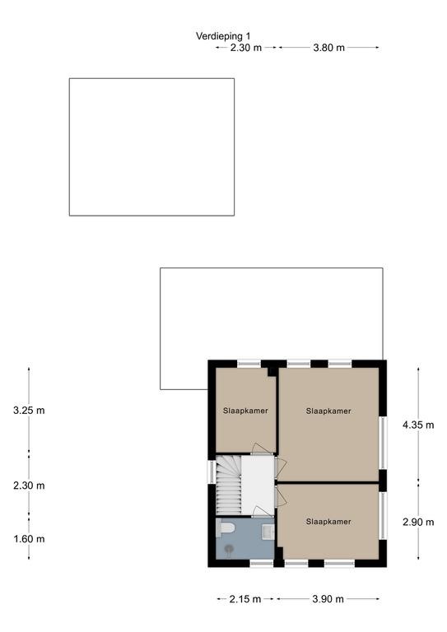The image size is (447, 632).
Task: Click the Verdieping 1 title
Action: [x=223, y=36]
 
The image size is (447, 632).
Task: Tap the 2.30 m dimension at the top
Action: [x=246, y=48]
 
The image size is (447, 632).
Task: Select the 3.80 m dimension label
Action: [x=329, y=48]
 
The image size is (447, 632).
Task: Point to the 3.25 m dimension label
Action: [x=29, y=411]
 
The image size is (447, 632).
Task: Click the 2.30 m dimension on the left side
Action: [x=29, y=486]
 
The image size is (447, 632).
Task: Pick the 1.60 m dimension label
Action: [x=29, y=539]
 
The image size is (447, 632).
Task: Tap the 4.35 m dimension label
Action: [x=418, y=425]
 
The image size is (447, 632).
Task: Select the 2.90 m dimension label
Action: [x=418, y=522]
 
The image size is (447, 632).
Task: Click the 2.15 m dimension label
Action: [x=245, y=599]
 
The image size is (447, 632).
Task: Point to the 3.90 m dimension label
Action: [x=328, y=599]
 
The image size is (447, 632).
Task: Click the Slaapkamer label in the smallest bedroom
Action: [x=245, y=411]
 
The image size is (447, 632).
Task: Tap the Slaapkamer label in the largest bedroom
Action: [x=328, y=411]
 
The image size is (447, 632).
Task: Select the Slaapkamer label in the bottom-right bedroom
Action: [x=328, y=522]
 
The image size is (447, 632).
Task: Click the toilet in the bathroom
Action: [x=225, y=528]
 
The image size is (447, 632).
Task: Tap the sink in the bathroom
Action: [x=268, y=532]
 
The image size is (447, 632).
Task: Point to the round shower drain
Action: [x=230, y=548]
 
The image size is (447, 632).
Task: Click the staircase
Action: [x=229, y=485]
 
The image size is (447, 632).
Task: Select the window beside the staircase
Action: [x=211, y=472]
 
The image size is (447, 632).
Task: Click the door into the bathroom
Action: [x=262, y=512]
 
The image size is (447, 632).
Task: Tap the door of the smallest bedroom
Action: [x=263, y=448]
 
